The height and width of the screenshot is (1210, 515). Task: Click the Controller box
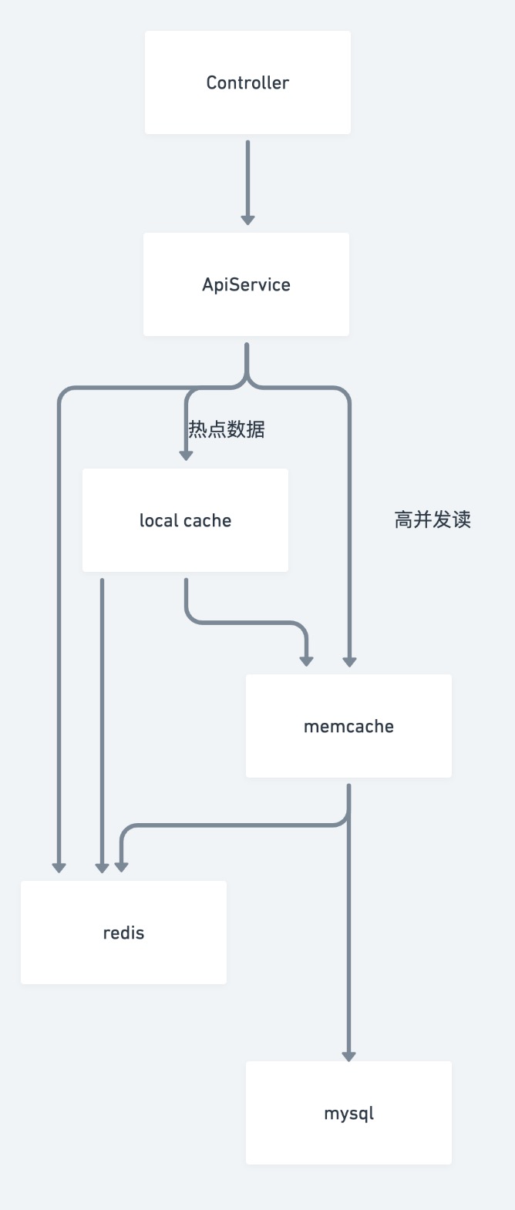pyautogui.click(x=247, y=82)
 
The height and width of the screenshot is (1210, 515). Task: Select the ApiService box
pyautogui.click(x=246, y=284)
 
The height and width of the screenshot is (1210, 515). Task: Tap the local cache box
pyautogui.click(x=185, y=520)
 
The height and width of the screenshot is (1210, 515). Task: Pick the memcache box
pyautogui.click(x=348, y=726)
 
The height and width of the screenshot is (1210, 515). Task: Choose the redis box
pyautogui.click(x=123, y=933)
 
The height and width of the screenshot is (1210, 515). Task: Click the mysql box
pyautogui.click(x=348, y=1113)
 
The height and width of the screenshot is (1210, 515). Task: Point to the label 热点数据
pyautogui.click(x=227, y=429)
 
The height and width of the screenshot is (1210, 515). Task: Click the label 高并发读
pyautogui.click(x=433, y=520)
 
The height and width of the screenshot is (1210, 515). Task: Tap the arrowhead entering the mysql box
pyautogui.click(x=348, y=1056)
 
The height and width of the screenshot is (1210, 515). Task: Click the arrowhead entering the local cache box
pyautogui.click(x=186, y=455)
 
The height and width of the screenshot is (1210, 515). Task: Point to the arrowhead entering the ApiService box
pyautogui.click(x=247, y=220)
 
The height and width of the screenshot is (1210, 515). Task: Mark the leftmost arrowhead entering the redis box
pyautogui.click(x=59, y=868)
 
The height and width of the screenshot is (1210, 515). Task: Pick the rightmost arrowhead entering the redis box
pyautogui.click(x=121, y=868)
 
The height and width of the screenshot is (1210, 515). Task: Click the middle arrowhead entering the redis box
pyautogui.click(x=102, y=868)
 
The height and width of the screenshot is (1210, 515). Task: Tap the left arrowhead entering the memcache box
pyautogui.click(x=306, y=660)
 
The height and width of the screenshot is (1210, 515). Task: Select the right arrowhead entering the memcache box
pyautogui.click(x=349, y=660)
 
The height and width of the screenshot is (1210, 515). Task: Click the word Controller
pyautogui.click(x=247, y=82)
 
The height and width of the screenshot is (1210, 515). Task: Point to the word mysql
pyautogui.click(x=348, y=1114)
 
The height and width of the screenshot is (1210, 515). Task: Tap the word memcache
pyautogui.click(x=348, y=726)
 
